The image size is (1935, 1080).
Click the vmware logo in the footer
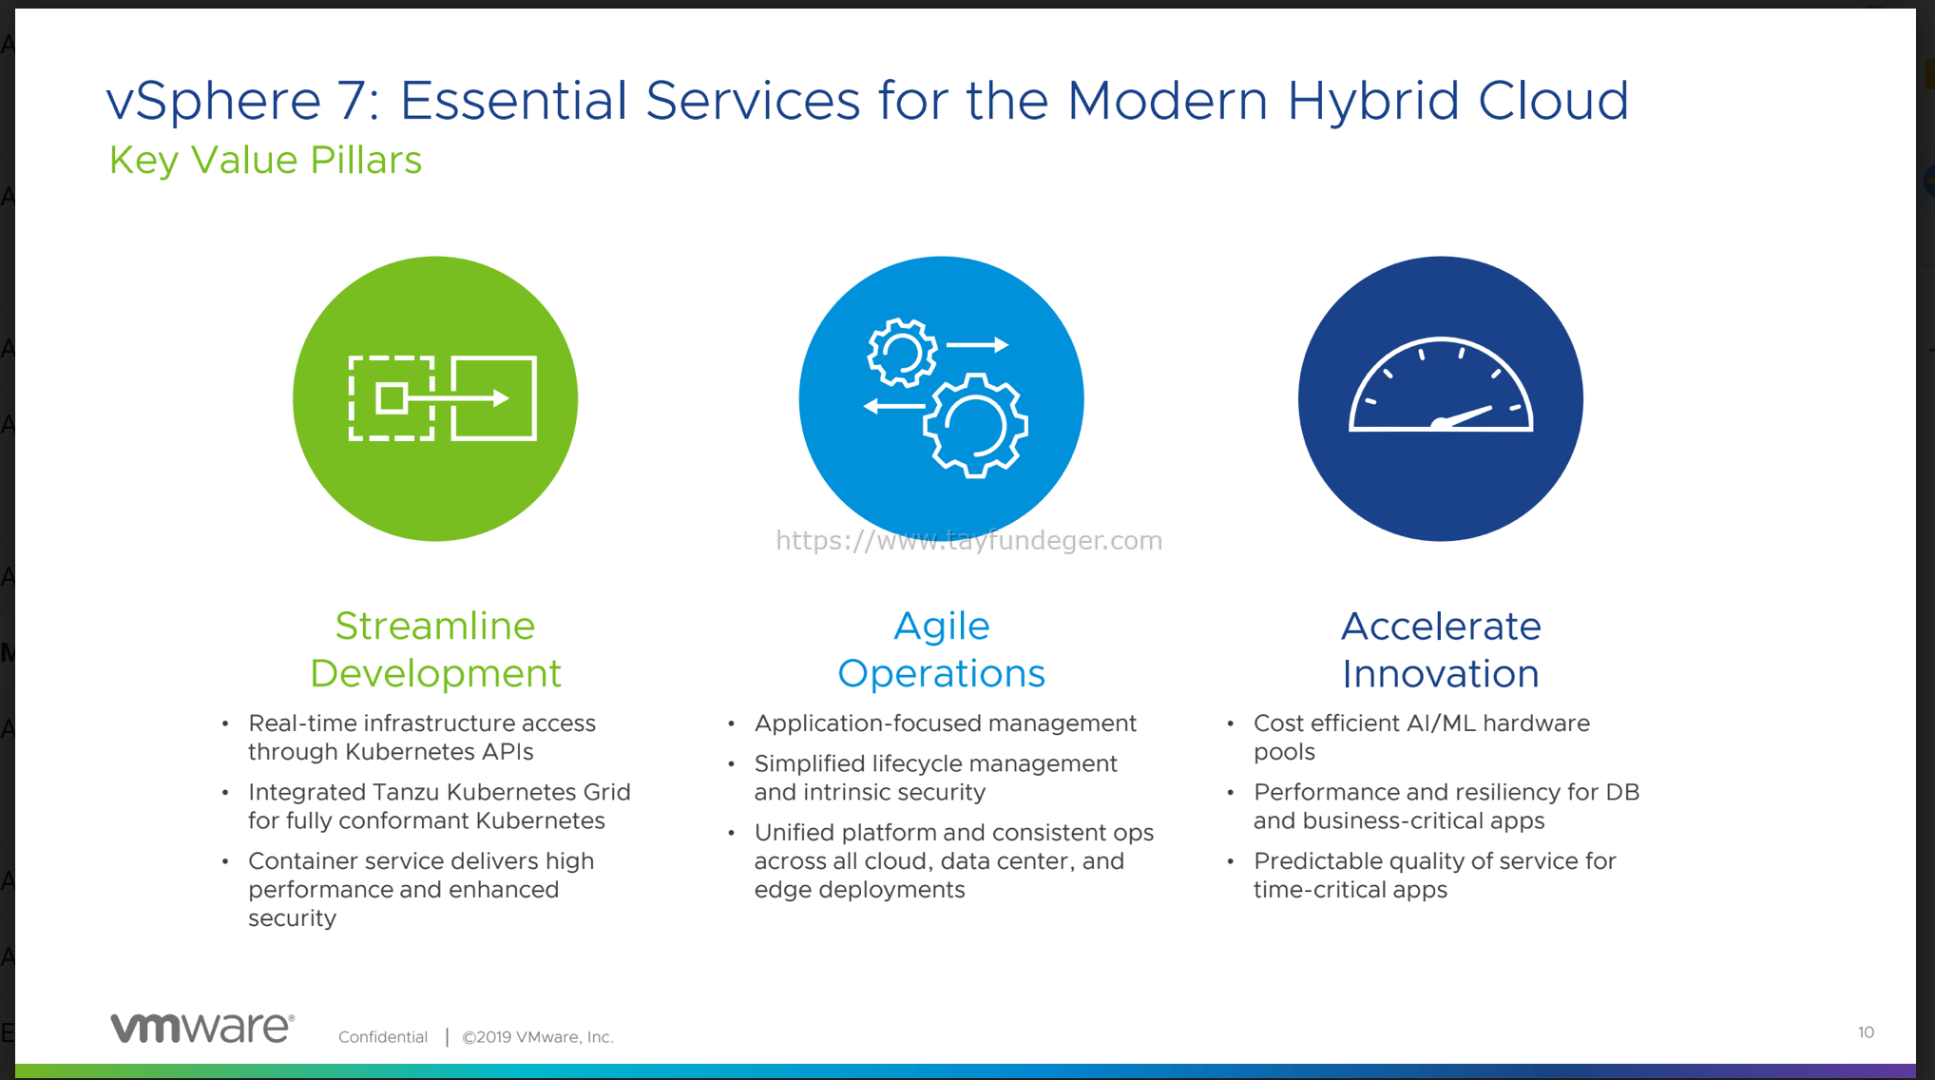(x=202, y=1028)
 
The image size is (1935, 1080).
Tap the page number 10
(x=1866, y=1032)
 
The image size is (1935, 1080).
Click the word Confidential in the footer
(x=383, y=1037)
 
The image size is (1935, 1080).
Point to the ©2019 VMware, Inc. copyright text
(x=538, y=1037)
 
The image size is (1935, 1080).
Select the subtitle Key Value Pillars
(x=265, y=160)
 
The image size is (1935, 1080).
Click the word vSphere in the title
(x=214, y=101)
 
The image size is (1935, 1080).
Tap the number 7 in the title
(x=353, y=101)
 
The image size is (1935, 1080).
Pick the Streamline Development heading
(x=435, y=649)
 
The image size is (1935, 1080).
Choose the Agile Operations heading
(x=941, y=649)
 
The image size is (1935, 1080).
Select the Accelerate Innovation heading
(x=1441, y=649)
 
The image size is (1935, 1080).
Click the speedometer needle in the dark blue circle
(x=1464, y=416)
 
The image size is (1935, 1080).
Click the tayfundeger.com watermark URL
(x=968, y=540)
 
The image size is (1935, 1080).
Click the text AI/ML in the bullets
(x=1441, y=723)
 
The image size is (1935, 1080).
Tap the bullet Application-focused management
(x=945, y=723)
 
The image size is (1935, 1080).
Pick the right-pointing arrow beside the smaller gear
(x=977, y=345)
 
